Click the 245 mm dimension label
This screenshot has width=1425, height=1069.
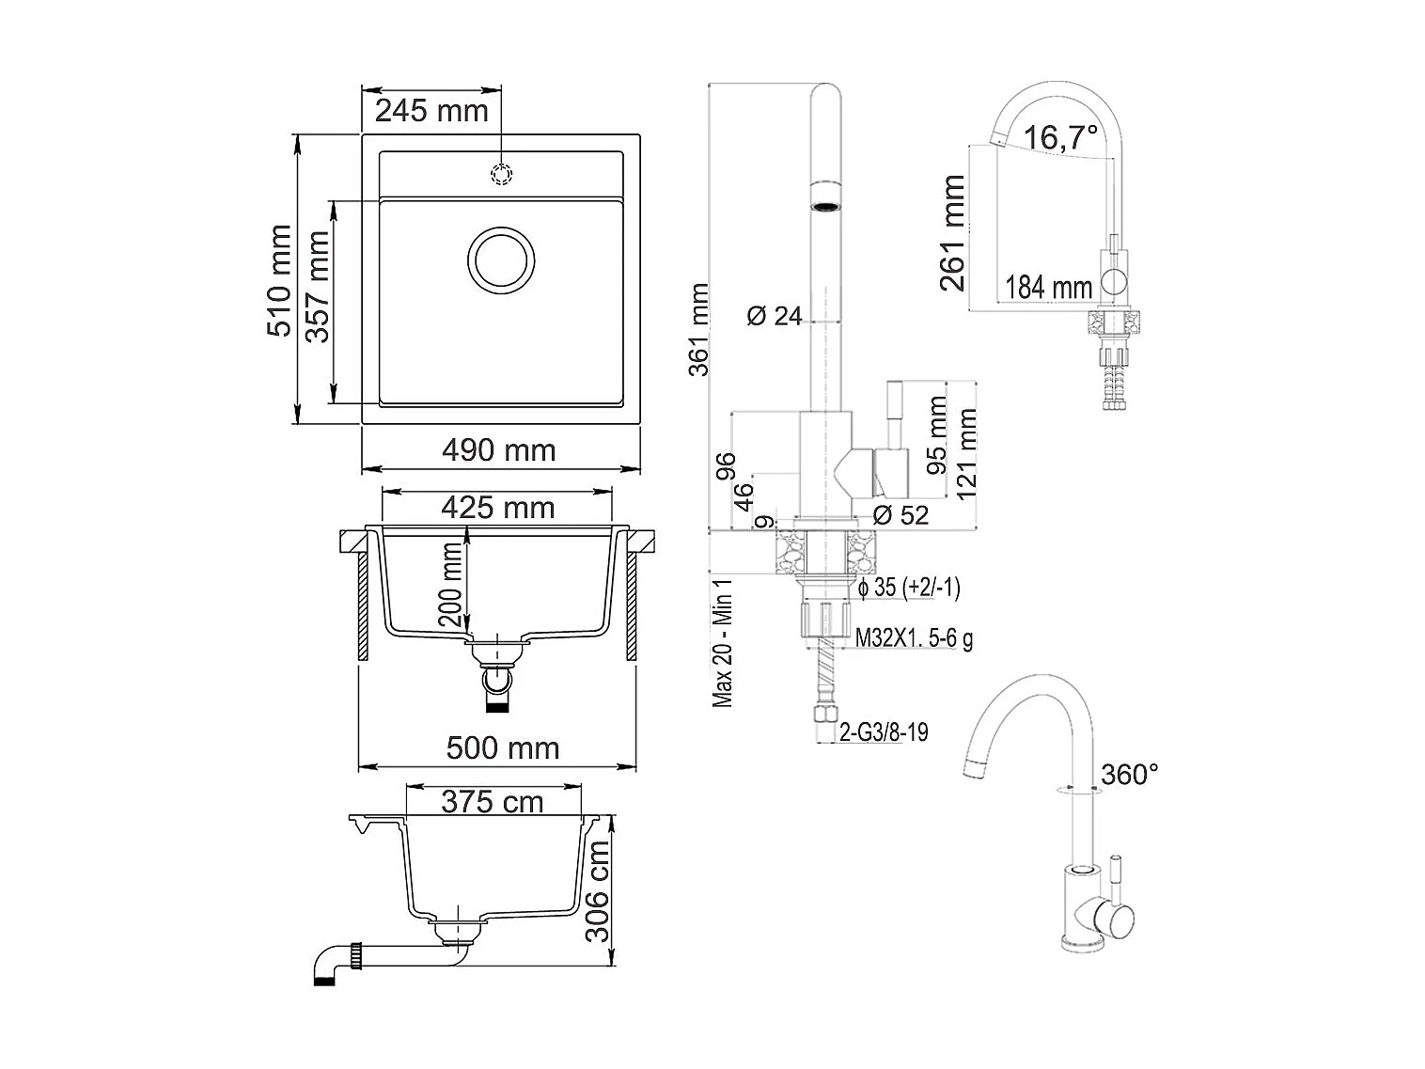[431, 111]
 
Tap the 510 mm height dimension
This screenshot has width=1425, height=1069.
[280, 280]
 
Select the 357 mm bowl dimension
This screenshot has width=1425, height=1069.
[318, 286]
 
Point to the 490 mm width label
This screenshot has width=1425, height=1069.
[498, 449]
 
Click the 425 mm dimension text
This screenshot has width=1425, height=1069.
[498, 507]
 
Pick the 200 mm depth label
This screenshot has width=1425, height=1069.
[450, 584]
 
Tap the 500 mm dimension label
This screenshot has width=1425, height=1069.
[503, 747]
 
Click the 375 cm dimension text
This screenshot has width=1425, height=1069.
[493, 802]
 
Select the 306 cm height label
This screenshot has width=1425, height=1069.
[597, 890]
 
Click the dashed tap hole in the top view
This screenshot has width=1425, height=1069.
[501, 174]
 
